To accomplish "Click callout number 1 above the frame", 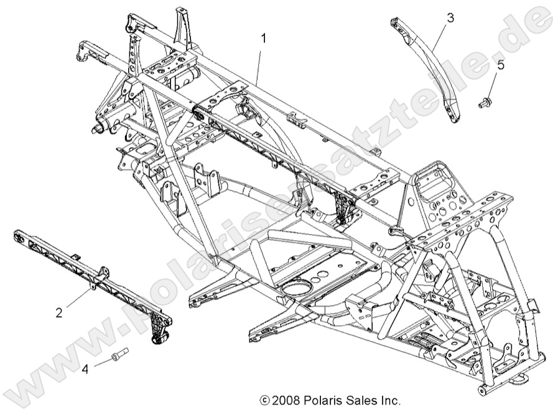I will [264, 39].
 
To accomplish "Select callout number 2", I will [59, 312].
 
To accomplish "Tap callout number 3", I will [450, 18].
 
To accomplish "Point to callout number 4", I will [85, 368].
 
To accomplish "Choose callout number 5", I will [500, 64].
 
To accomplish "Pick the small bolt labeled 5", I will [485, 102].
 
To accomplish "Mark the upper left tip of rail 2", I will [17, 235].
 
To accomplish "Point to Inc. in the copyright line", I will [391, 401].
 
